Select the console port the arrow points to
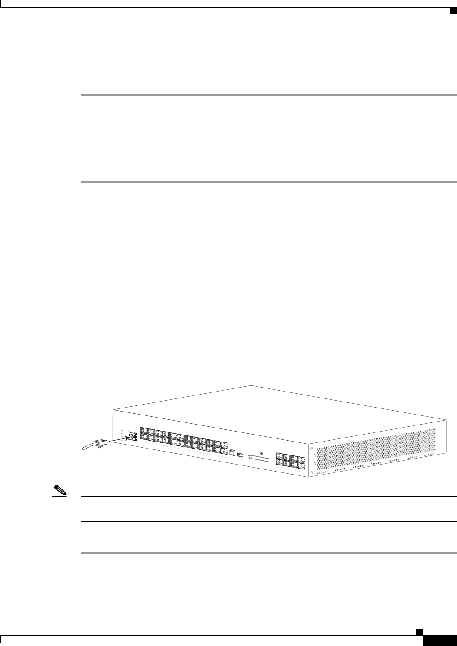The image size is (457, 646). point(130,435)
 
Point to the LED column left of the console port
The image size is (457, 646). point(122,435)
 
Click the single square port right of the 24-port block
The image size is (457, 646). point(232,452)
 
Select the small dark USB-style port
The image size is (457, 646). point(240,455)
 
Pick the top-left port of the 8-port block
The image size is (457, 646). point(279,457)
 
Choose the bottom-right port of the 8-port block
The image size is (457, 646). point(302,467)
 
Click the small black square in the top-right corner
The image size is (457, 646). point(452,11)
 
